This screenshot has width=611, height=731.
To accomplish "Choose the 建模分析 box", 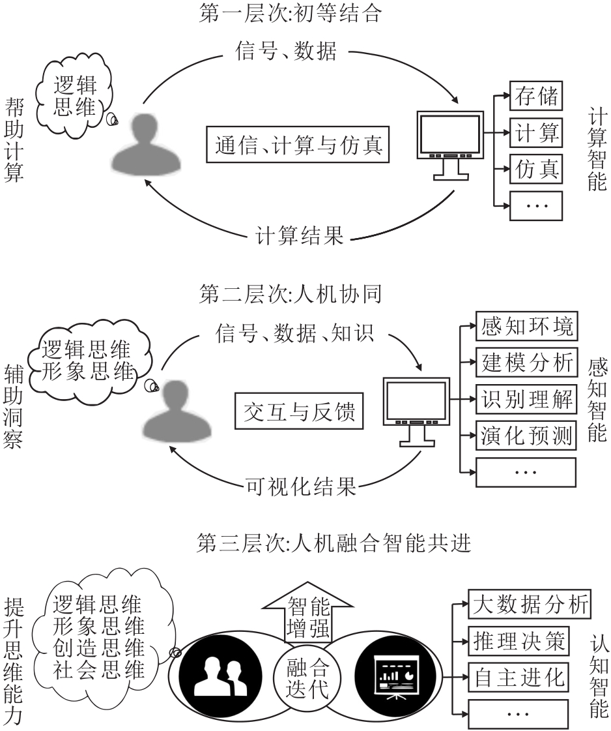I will [x=526, y=363].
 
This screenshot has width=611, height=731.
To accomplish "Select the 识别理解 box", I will [x=526, y=398].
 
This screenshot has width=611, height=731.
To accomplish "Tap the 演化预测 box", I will [x=526, y=435].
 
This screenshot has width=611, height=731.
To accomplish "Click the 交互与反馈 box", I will [x=299, y=413].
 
